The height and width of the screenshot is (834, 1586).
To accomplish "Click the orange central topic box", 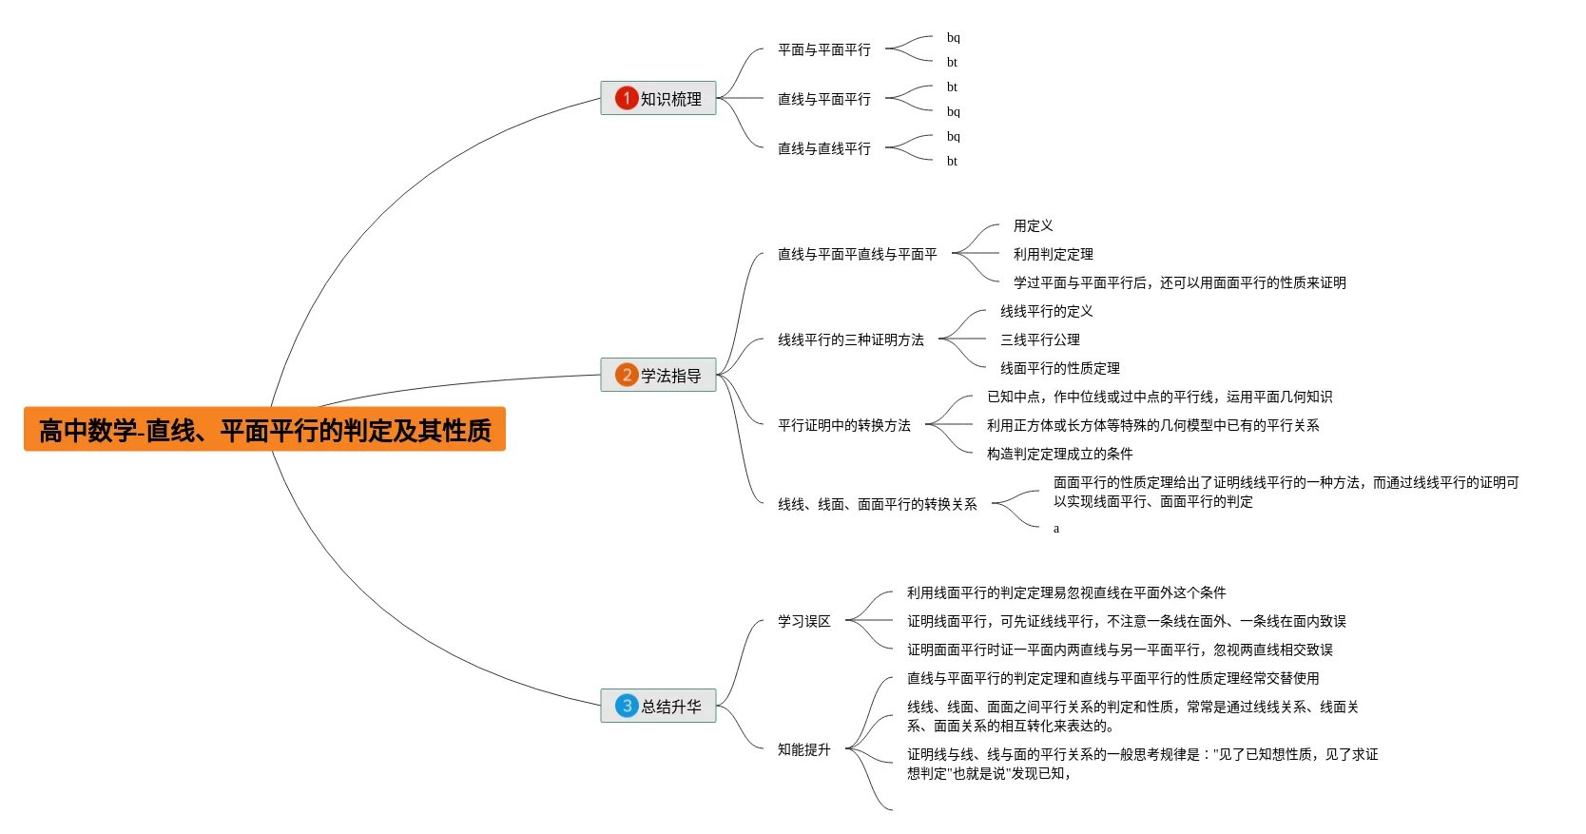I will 264,430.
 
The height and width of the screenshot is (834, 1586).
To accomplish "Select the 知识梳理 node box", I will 658,98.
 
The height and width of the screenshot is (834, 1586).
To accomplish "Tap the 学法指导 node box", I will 658,375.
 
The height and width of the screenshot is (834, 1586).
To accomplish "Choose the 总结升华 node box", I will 658,706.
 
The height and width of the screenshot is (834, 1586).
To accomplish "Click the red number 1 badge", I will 626,98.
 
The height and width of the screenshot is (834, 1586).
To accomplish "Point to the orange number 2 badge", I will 626,375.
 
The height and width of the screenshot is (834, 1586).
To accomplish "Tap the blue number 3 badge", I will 626,706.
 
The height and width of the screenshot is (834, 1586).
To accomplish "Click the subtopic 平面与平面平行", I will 823,49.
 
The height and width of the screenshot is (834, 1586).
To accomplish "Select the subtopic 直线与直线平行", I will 823,148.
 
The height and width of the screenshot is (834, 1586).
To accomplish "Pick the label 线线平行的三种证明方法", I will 850,339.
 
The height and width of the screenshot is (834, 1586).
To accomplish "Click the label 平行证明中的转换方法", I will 843,425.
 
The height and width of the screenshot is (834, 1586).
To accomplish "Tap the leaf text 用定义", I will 1033,225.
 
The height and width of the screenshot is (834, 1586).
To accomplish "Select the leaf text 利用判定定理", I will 1053,254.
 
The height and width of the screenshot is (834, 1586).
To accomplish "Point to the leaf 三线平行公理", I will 1039,339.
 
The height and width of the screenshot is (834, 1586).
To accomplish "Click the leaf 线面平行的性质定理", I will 1059,368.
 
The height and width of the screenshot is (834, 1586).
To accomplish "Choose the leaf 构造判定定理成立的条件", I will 1059,454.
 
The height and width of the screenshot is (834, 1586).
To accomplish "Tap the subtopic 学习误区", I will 803,621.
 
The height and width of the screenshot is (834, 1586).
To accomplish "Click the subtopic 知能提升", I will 803,749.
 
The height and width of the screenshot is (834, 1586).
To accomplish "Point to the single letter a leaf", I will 1055,529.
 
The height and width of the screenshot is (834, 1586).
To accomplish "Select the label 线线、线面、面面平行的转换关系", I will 877,504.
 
